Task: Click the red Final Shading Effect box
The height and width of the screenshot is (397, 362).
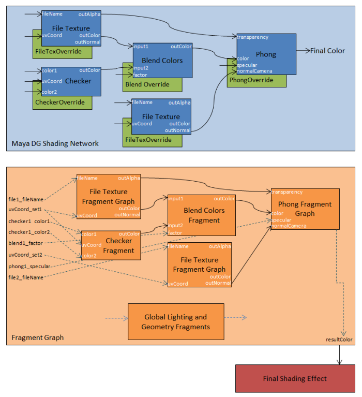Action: (295, 378)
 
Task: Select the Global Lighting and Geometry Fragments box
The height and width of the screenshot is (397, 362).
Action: (176, 321)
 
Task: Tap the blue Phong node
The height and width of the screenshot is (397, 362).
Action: (266, 54)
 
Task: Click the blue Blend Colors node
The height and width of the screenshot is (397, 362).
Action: (162, 61)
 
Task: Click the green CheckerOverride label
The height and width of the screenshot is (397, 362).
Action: (59, 102)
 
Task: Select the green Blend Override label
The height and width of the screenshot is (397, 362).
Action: (147, 84)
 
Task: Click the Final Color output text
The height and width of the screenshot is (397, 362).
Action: (327, 51)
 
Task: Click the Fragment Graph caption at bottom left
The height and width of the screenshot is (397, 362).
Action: (38, 337)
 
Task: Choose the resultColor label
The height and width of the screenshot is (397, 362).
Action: (339, 340)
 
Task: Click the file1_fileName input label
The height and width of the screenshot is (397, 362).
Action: (26, 199)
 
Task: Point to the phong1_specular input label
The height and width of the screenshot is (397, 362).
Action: (29, 266)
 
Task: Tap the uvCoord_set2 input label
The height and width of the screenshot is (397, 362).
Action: (25, 255)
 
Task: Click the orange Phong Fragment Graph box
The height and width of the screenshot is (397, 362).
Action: (305, 209)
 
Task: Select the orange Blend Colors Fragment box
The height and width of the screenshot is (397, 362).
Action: (204, 215)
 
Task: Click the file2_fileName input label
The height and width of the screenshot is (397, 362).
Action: (26, 277)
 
